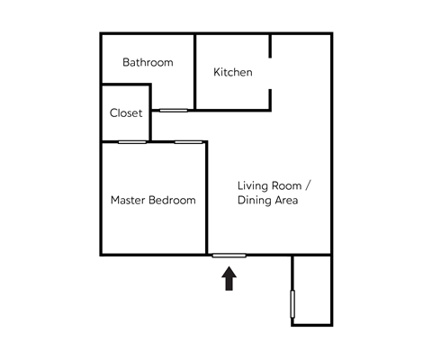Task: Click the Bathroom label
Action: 148,63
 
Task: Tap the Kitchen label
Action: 232,72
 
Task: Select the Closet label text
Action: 126,113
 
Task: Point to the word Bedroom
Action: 175,200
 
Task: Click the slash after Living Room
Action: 308,185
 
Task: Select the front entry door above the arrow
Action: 229,256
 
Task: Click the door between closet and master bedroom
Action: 132,141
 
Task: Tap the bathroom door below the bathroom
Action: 174,110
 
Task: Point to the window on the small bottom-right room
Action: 292,305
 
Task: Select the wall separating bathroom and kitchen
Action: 195,67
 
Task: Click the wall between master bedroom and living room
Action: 207,198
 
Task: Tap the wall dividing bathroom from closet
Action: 126,85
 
